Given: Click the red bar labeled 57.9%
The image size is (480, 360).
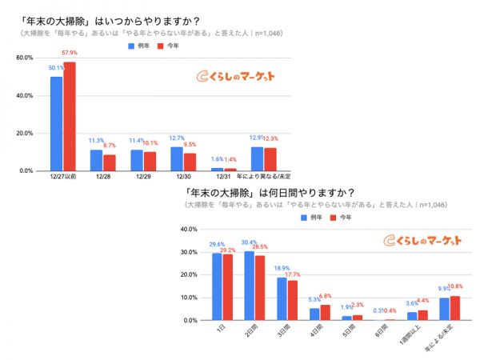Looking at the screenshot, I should pyautogui.click(x=70, y=117).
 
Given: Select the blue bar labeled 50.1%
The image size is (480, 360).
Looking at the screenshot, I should pyautogui.click(x=56, y=124).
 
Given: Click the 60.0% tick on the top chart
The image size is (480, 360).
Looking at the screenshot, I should pyautogui.click(x=24, y=58).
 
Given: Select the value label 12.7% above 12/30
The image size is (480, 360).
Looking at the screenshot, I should pyautogui.click(x=177, y=138).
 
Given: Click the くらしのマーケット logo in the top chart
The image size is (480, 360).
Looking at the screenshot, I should pyautogui.click(x=235, y=77).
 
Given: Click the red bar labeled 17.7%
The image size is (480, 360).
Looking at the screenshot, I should pyautogui.click(x=293, y=300).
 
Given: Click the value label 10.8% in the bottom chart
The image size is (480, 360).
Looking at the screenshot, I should pyautogui.click(x=456, y=286).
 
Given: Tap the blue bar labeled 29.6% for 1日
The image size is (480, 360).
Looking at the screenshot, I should pyautogui.click(x=218, y=286).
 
